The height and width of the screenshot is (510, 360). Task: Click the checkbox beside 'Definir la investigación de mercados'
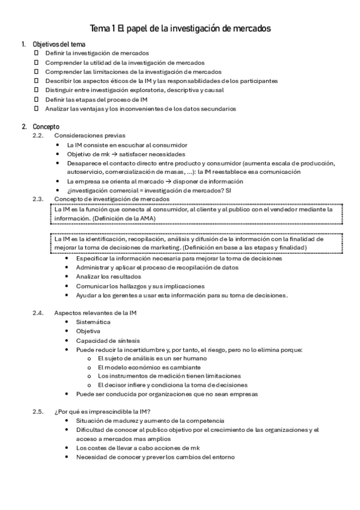tap(35, 53)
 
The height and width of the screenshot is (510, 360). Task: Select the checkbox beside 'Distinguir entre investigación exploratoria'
tap(35, 90)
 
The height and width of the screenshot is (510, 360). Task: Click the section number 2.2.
tap(38, 136)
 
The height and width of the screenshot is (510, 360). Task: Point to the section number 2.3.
tap(38, 198)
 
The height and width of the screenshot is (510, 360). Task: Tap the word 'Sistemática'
tap(93, 322)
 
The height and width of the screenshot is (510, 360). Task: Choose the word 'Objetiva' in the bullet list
tap(88, 331)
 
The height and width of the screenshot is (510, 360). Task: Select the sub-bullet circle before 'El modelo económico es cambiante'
tap(90, 367)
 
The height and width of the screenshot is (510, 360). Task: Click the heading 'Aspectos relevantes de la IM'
tap(96, 313)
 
